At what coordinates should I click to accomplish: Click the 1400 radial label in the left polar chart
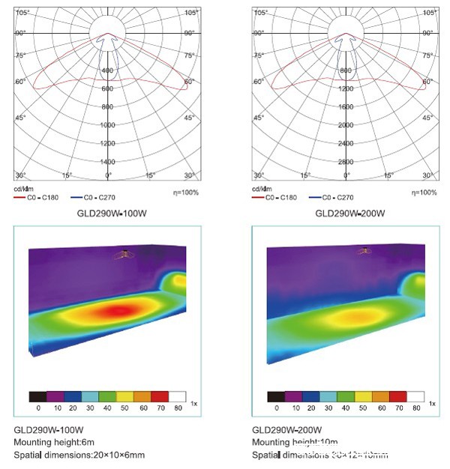tap(108, 161)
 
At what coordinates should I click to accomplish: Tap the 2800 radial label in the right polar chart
tap(345, 161)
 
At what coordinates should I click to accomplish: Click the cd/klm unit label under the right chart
tap(260, 189)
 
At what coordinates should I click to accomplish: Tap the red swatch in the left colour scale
tap(160, 396)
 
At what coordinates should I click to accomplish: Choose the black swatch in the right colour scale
tap(277, 396)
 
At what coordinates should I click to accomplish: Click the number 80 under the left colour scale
tap(178, 408)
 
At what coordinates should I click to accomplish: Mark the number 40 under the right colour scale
tap(346, 408)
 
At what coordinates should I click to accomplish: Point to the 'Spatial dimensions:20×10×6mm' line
tap(79, 455)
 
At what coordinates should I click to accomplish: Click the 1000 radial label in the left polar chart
tap(108, 125)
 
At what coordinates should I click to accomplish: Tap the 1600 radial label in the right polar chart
tap(345, 106)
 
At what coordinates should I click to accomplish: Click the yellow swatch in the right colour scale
tap(364, 396)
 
